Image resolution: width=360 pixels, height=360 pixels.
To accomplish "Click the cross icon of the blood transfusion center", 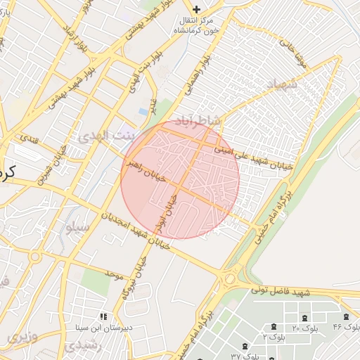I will tap(196, 9).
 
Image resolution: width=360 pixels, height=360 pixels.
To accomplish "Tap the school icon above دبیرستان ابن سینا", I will tap(104, 318).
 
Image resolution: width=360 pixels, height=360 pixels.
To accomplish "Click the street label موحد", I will tap(114, 273).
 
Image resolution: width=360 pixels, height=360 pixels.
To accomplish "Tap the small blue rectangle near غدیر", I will tap(144, 111).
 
